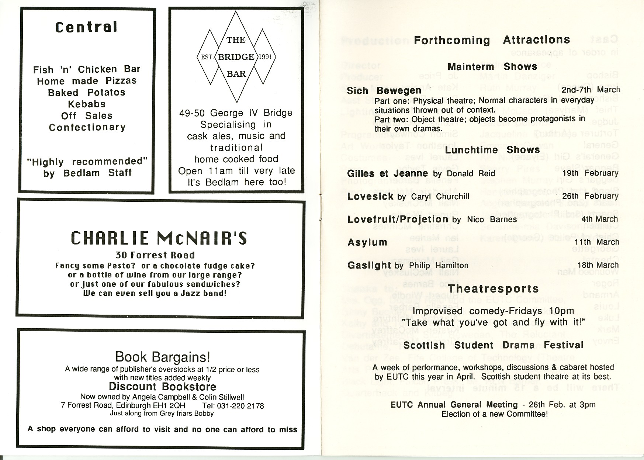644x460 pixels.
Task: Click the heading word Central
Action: [x=86, y=27]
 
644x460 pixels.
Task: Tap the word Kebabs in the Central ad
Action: [x=87, y=104]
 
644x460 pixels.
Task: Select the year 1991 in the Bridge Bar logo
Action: [x=265, y=57]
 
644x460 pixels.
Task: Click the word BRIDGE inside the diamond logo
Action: [x=236, y=57]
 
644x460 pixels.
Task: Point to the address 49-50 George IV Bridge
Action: [x=236, y=113]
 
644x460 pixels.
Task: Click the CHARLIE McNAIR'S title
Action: [x=159, y=238]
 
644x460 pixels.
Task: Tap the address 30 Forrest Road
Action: [x=155, y=255]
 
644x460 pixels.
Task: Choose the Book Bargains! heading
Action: [x=163, y=357]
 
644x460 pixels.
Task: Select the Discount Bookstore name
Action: [x=162, y=387]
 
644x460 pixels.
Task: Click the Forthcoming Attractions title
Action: [x=492, y=40]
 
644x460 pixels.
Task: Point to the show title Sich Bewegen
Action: [x=384, y=91]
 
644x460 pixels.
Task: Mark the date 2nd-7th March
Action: [x=591, y=90]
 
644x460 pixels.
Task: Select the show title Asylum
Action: [x=367, y=242]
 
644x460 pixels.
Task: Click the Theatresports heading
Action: [x=493, y=288]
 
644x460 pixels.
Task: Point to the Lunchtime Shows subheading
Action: [x=492, y=150]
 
